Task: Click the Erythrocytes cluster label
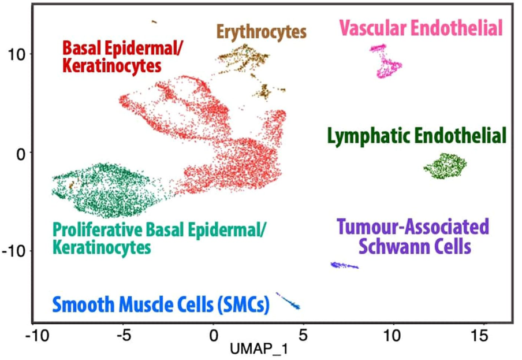pos(261,31)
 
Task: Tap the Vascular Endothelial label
pos(421,27)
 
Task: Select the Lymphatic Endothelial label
pos(416,136)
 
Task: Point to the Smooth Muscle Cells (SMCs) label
pos(161,304)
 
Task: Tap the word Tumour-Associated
pos(413,226)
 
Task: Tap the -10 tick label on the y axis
pos(12,251)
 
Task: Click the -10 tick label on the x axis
pos(37,335)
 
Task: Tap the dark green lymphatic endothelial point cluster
pos(445,166)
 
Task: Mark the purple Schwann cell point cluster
pos(344,266)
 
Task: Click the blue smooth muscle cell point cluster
pos(289,302)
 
